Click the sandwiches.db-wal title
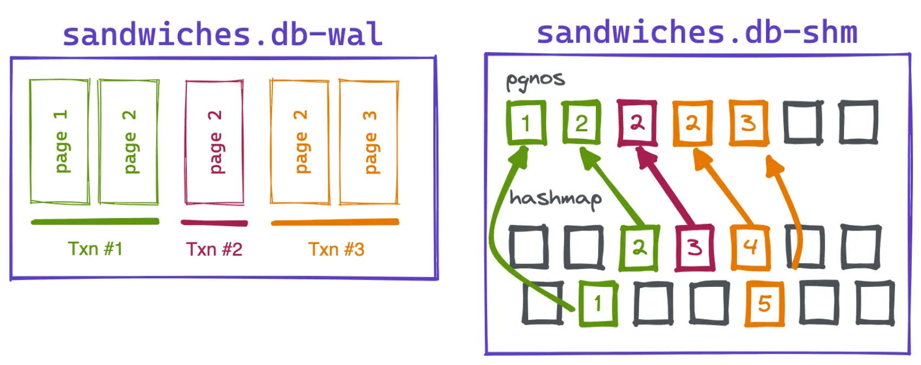point(223,34)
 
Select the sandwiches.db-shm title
point(697,33)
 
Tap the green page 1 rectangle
point(60,142)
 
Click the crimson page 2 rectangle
point(215,142)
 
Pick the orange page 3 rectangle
point(369,142)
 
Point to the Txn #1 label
point(95,249)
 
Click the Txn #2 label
point(215,249)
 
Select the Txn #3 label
point(336,249)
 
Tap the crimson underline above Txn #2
point(215,223)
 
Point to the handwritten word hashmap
point(555,198)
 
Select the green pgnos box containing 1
point(526,123)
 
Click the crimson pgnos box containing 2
point(637,123)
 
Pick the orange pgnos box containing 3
point(749,123)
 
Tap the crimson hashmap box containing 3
point(695,248)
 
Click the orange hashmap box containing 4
point(750,248)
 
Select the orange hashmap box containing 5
point(764,304)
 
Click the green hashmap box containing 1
point(598,304)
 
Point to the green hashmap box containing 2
point(639,248)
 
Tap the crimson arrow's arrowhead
point(645,157)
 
